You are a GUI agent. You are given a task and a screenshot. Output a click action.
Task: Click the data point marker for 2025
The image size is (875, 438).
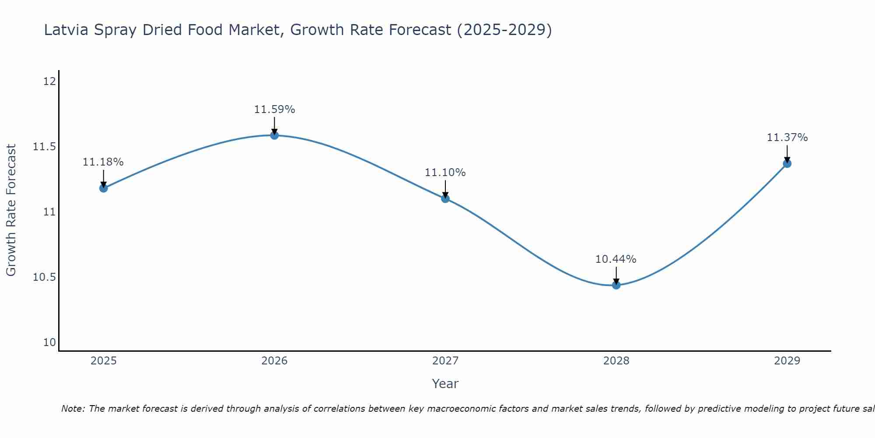pos(104,188)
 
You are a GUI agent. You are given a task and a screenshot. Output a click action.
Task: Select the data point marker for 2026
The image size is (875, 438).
pos(274,135)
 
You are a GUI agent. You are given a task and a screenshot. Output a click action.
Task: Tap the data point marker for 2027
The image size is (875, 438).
pos(445,198)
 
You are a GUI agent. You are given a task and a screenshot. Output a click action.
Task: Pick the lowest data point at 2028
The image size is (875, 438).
pos(616,285)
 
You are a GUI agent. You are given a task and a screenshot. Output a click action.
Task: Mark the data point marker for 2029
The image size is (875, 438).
pos(787,163)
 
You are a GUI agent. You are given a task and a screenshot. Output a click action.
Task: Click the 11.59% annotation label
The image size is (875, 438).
pos(274,109)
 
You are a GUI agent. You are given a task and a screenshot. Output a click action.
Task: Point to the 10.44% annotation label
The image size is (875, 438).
pos(616,259)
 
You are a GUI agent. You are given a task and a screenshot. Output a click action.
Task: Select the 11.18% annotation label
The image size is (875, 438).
pos(103,162)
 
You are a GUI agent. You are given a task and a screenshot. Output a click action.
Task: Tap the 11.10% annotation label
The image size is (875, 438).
pos(445,173)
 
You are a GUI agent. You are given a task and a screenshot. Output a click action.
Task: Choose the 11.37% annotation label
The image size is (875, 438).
pos(787,138)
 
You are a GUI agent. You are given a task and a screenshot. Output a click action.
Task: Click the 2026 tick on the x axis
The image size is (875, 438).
pos(274,361)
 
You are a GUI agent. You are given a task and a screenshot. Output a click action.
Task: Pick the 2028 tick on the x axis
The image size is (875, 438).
pos(616,361)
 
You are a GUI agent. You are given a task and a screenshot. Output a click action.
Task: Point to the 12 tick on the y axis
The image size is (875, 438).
pos(49,81)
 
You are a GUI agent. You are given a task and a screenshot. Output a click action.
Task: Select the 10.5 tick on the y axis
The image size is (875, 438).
pos(45,277)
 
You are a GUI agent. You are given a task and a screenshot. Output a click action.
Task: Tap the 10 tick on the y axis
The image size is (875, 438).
pos(49,343)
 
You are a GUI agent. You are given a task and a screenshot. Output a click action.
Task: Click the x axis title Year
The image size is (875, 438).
pos(445,384)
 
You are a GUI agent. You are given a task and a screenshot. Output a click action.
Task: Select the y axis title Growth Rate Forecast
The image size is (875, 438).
pos(11,210)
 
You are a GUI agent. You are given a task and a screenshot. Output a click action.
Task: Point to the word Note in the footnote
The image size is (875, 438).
pos(73,409)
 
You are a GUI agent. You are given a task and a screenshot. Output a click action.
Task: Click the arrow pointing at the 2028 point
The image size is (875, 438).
pos(616,275)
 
